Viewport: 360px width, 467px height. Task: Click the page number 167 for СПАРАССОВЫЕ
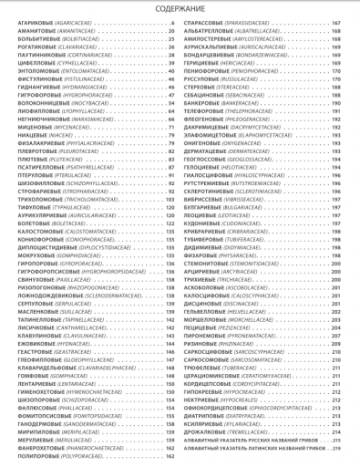click(x=350, y=22)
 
